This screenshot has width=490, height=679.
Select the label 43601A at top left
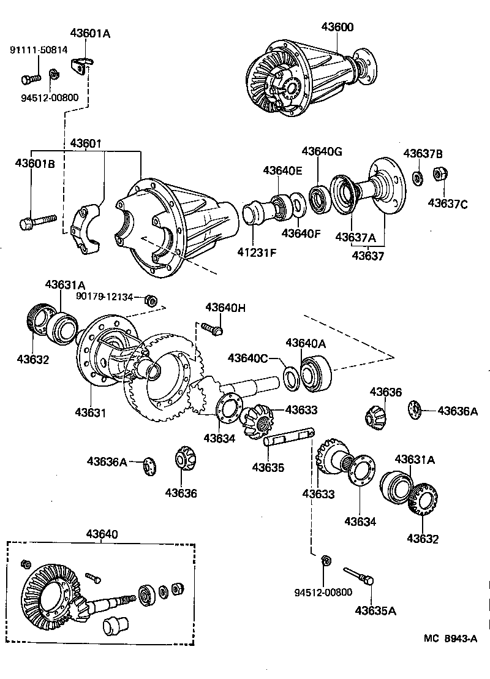click(x=90, y=34)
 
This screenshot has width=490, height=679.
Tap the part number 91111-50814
click(x=38, y=50)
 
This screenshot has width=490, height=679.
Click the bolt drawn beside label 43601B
click(x=37, y=221)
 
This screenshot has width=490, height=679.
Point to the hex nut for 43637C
click(x=439, y=175)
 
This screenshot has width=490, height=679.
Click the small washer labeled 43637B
click(x=417, y=178)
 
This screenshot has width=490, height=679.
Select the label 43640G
click(x=322, y=152)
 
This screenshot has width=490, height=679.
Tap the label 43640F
click(x=301, y=233)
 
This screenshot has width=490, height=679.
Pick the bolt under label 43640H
click(x=211, y=329)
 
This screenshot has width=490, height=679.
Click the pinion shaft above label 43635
click(x=288, y=437)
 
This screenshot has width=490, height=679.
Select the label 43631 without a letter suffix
click(x=91, y=413)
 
